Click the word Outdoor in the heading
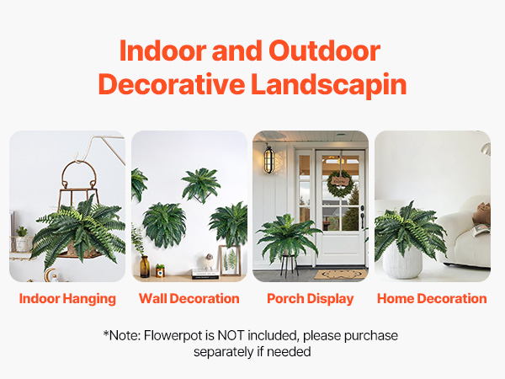324,51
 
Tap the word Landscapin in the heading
328,84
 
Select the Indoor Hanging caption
67,298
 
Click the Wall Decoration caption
189,298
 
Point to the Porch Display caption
311,299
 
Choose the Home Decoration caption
432,298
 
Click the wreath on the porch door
340,184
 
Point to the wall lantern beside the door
269,159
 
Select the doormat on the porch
340,275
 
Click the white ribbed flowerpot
402,260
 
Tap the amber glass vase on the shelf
145,266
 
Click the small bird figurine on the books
209,262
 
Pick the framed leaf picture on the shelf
230,260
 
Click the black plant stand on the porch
288,265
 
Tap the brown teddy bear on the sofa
481,213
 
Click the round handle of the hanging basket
79,175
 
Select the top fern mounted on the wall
201,184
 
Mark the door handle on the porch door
363,216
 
